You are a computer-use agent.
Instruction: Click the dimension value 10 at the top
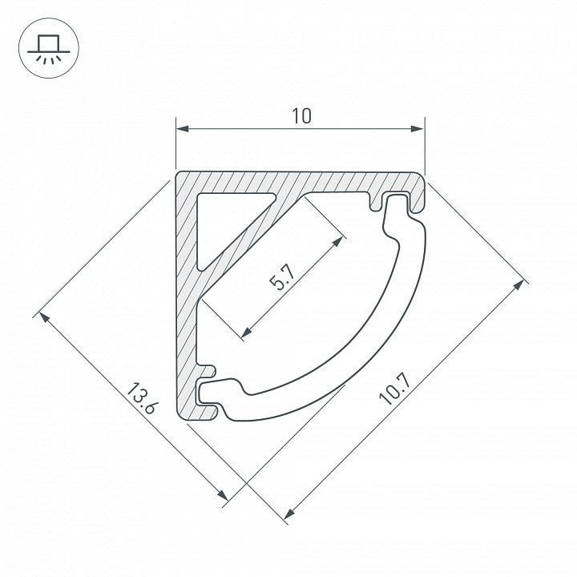tap(301, 116)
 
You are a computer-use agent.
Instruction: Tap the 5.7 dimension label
tap(282, 278)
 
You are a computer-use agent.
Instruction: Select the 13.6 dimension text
tap(143, 398)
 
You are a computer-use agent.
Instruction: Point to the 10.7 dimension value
tap(394, 389)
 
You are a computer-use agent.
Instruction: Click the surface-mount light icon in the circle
tap(49, 48)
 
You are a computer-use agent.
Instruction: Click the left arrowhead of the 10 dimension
tap(183, 129)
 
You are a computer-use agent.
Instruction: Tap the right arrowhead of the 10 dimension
tap(418, 129)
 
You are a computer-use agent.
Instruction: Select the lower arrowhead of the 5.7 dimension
tap(246, 332)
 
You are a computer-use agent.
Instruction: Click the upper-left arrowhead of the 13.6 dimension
tap(44, 317)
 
